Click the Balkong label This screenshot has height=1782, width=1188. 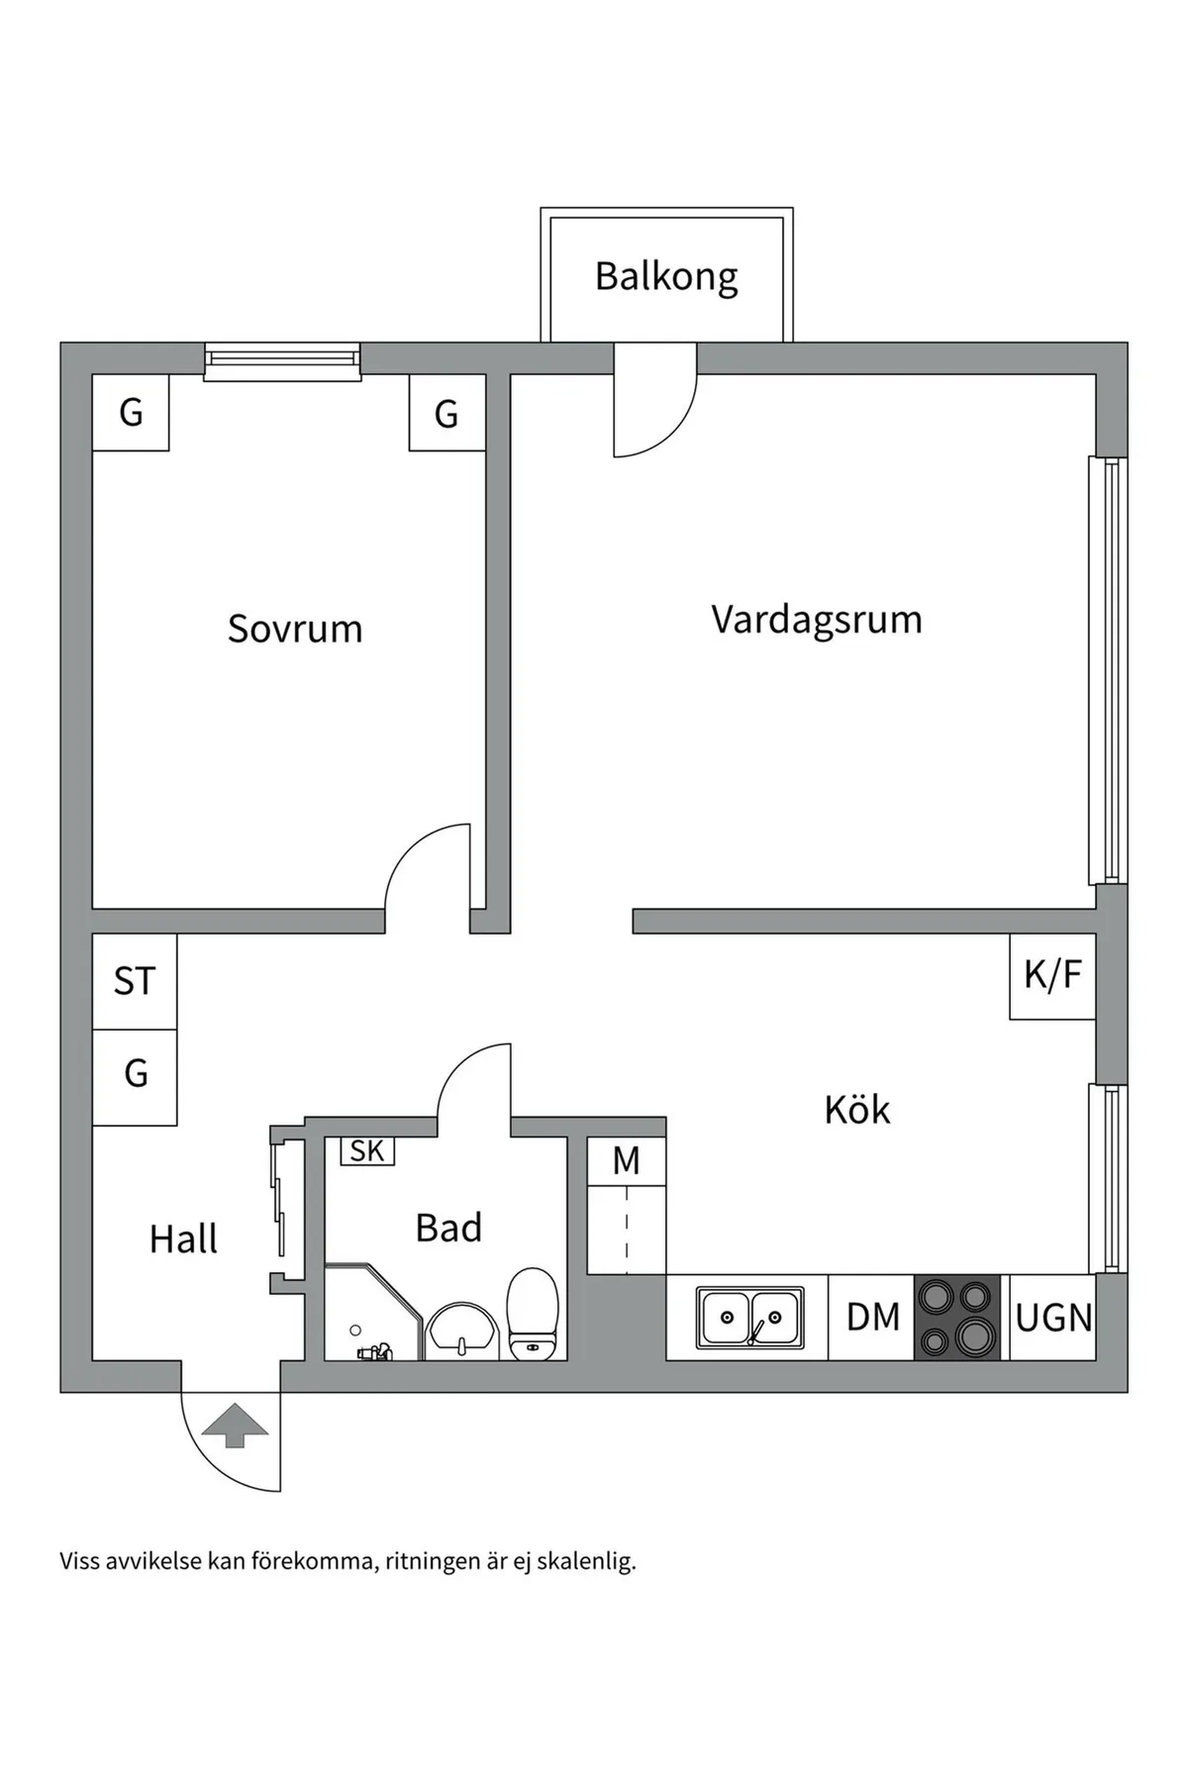[x=666, y=276]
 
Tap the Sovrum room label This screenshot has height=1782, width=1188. [x=295, y=629]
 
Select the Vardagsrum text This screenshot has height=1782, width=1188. [x=816, y=620]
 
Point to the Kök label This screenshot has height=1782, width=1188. [x=856, y=1110]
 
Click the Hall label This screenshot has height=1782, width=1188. [x=183, y=1238]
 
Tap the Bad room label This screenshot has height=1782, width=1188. [x=448, y=1228]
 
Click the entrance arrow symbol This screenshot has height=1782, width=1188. [x=235, y=1426]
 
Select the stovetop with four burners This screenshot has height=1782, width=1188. [x=956, y=1318]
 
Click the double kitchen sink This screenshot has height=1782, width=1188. [x=749, y=1318]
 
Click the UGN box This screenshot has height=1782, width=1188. [x=1053, y=1318]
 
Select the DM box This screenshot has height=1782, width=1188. [x=872, y=1318]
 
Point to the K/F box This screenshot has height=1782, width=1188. [x=1052, y=976]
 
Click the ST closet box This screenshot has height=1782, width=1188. [x=135, y=981]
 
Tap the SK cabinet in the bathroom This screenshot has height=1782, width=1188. [x=367, y=1150]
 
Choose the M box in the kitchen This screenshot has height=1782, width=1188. [x=626, y=1160]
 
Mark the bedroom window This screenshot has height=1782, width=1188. [x=282, y=361]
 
